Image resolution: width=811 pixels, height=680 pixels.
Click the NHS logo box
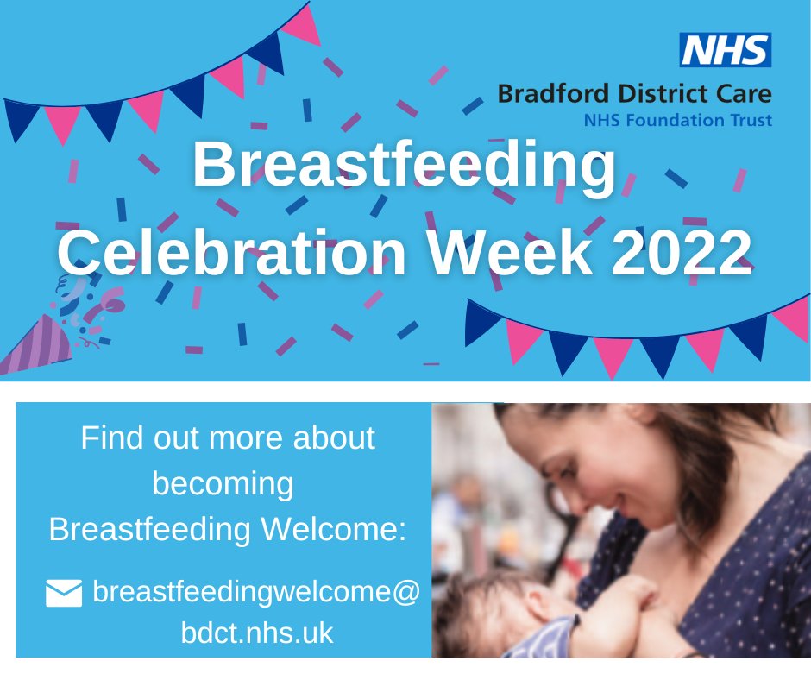726,51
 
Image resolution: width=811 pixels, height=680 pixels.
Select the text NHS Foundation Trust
677,121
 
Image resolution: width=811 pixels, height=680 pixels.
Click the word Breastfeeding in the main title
405,167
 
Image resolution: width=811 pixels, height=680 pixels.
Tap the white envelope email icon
64,594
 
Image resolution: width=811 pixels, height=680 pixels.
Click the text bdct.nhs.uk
256,634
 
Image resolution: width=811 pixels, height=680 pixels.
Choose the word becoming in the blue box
223,483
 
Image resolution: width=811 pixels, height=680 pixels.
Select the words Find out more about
228,438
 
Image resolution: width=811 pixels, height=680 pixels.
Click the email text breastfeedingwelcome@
256,593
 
